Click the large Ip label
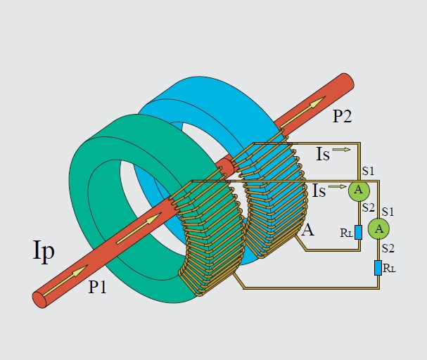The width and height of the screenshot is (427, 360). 44,251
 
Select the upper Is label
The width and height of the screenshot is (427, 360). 322,154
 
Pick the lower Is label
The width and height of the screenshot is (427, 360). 319,190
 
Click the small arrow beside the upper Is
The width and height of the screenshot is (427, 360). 341,149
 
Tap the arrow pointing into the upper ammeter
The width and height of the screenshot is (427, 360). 338,187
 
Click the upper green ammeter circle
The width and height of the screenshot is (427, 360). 359,190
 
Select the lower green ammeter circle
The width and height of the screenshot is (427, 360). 379,228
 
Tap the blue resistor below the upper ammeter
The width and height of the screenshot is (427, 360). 359,231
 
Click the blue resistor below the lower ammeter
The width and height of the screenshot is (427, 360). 378,268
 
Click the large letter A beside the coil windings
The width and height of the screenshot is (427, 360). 307,229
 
